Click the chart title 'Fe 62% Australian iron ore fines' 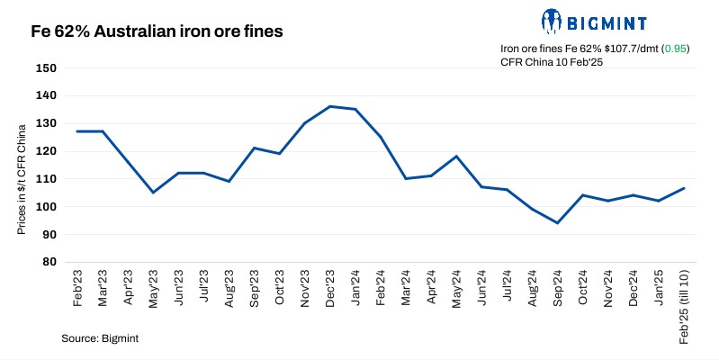(x=157, y=31)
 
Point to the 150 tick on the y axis (x=46, y=67)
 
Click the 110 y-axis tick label (x=46, y=179)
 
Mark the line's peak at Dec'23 (x=330, y=106)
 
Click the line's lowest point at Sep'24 (x=558, y=223)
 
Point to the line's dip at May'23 (x=153, y=193)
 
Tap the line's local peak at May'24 (x=457, y=157)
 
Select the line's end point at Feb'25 (x=684, y=188)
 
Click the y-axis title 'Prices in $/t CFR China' (x=22, y=180)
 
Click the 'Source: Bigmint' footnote (x=100, y=338)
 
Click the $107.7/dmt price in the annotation (x=623, y=49)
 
